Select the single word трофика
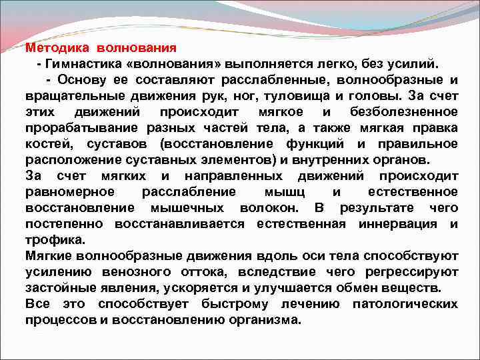coord(54,239)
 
